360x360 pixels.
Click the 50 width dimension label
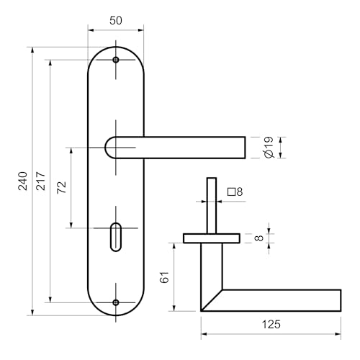coord(116,20)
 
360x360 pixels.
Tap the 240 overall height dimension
coord(23,181)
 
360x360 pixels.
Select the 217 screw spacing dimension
coord(41,181)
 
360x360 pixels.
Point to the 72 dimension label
coord(61,187)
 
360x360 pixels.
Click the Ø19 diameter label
coord(269,148)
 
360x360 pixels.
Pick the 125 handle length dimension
coord(271,325)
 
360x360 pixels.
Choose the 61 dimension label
coord(165,277)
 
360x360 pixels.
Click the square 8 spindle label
coord(235,192)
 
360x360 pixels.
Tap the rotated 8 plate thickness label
coord(259,238)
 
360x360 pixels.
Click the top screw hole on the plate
coord(116,60)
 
